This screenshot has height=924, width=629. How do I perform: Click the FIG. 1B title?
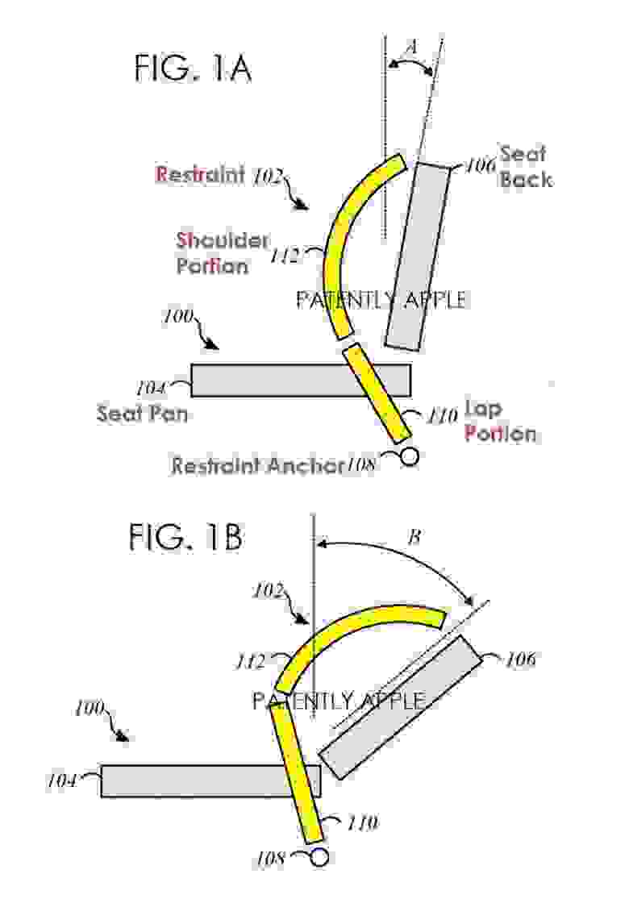(x=185, y=538)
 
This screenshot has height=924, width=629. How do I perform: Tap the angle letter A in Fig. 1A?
(x=412, y=46)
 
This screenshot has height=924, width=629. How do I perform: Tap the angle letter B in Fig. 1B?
(x=414, y=537)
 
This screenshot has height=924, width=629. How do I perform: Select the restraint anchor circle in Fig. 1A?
(x=409, y=456)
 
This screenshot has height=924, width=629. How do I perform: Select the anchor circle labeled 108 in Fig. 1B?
(x=319, y=857)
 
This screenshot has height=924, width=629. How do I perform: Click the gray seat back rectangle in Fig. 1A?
(x=417, y=257)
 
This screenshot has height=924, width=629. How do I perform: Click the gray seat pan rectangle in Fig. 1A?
(x=301, y=380)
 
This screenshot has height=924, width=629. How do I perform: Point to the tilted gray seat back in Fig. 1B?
(x=402, y=707)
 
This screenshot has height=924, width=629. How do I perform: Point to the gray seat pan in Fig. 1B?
(x=210, y=780)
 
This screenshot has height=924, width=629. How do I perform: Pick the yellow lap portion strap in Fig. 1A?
(x=377, y=393)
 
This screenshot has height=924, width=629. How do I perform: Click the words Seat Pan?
(x=142, y=414)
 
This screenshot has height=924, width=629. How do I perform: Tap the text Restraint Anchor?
(x=257, y=465)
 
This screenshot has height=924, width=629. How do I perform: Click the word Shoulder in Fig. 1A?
(x=223, y=239)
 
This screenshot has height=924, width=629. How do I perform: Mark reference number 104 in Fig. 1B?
(x=61, y=781)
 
